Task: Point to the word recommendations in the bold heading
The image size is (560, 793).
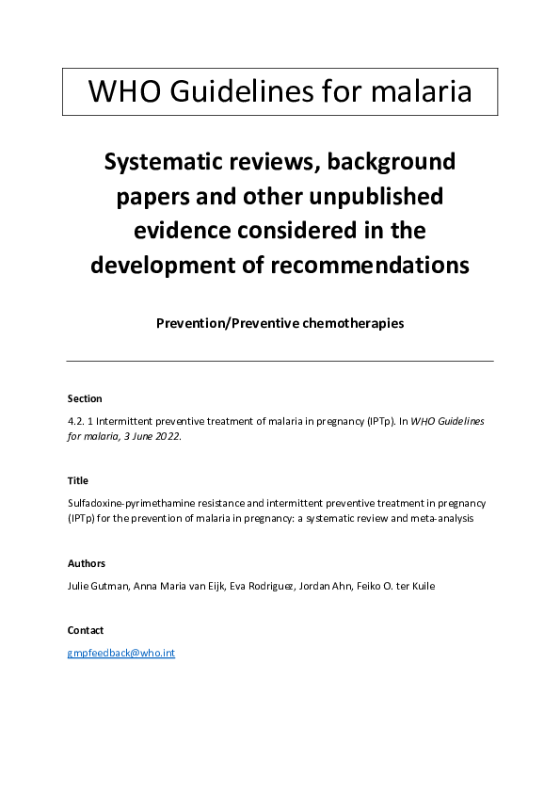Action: point(370,265)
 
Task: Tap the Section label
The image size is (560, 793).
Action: point(85,398)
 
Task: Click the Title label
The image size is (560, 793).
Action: point(78,480)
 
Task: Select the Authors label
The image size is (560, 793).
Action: point(87,563)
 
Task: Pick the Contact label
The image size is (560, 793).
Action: point(86,630)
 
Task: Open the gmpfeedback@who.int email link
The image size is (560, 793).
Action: point(121,653)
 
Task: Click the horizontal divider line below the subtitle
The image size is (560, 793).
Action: point(280,361)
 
